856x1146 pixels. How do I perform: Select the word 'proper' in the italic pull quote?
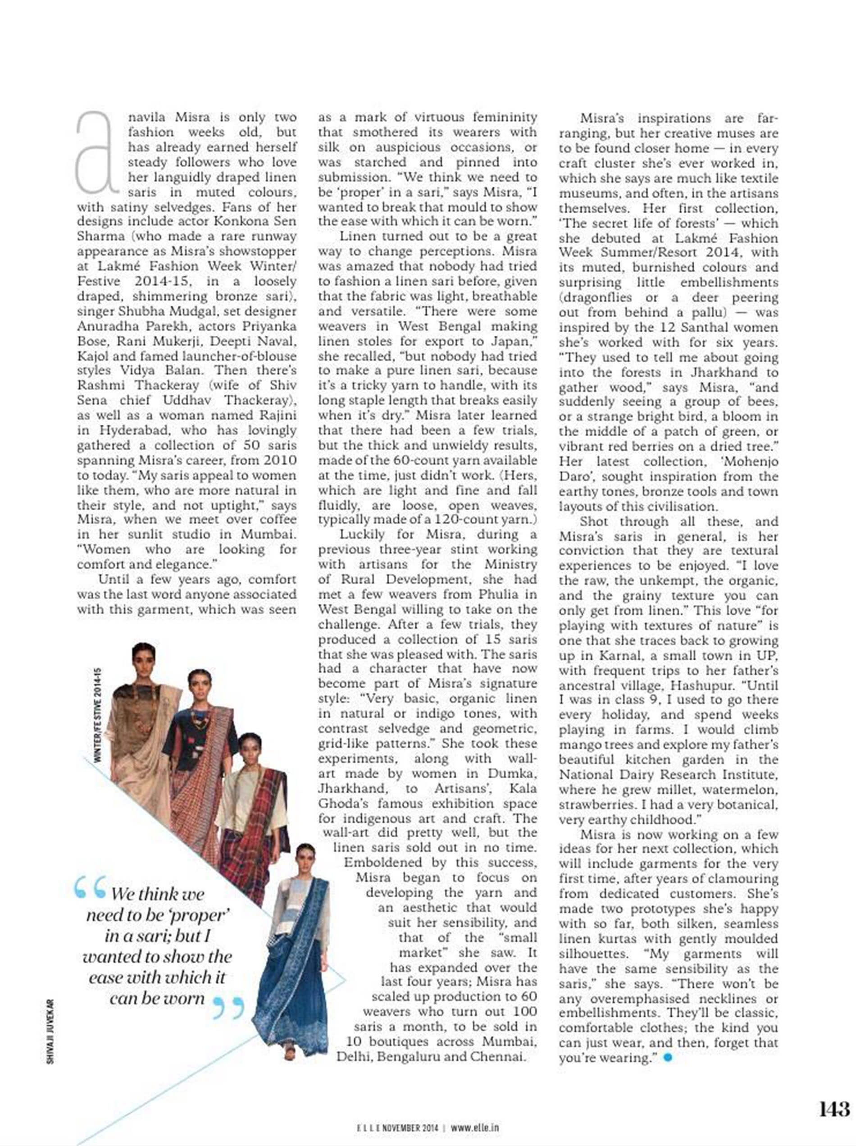pos(200,915)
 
